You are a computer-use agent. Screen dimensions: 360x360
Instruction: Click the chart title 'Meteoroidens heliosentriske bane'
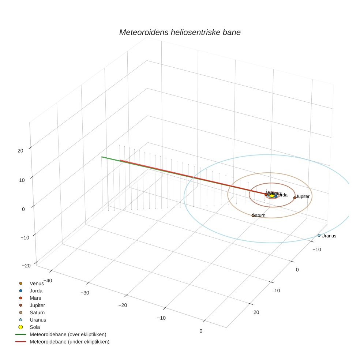pyautogui.click(x=180, y=32)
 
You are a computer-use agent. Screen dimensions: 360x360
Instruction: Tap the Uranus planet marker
pyautogui.click(x=319, y=235)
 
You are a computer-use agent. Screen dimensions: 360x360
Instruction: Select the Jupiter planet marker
pyautogui.click(x=295, y=198)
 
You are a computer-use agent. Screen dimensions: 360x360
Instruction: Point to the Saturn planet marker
pyautogui.click(x=253, y=215)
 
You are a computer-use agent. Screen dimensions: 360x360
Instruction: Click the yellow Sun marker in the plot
pyautogui.click(x=272, y=196)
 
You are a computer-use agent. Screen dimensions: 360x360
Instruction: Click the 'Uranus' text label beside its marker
pyautogui.click(x=329, y=236)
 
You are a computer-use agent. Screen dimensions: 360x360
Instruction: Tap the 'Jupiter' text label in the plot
pyautogui.click(x=303, y=197)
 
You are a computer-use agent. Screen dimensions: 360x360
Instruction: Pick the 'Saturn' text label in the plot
pyautogui.click(x=259, y=215)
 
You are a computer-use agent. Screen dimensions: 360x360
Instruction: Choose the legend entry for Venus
pyautogui.click(x=37, y=284)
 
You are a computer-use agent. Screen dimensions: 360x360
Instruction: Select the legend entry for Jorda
pyautogui.click(x=36, y=291)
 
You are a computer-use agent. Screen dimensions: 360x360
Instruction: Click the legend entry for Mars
pyautogui.click(x=35, y=298)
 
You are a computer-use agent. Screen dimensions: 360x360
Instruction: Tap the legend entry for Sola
pyautogui.click(x=35, y=327)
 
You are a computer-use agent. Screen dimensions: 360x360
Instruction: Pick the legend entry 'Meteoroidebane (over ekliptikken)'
pyautogui.click(x=68, y=334)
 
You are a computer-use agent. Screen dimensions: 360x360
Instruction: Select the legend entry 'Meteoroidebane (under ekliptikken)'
pyautogui.click(x=70, y=342)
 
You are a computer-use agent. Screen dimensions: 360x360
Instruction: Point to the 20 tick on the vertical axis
pyautogui.click(x=20, y=150)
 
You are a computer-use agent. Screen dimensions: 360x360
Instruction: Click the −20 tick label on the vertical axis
pyautogui.click(x=26, y=266)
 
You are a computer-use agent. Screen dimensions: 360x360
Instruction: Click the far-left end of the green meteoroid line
pyautogui.click(x=102, y=157)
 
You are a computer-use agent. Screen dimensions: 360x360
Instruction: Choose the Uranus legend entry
pyautogui.click(x=38, y=320)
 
